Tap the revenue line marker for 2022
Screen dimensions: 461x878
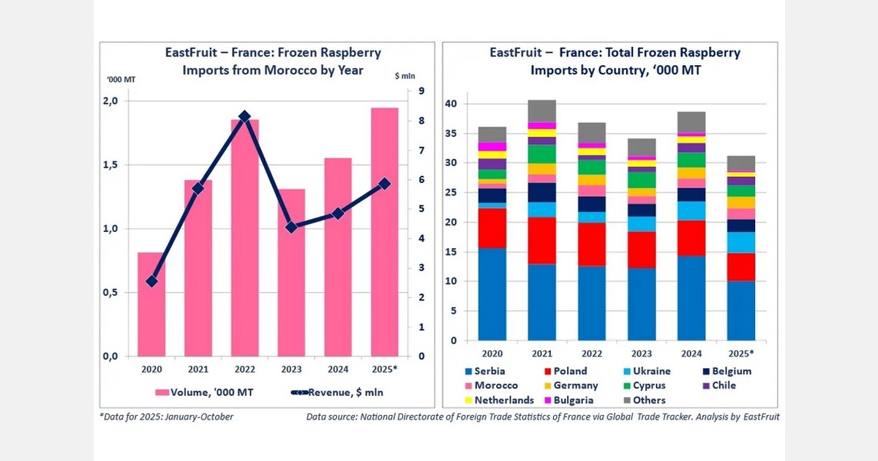click(245, 116)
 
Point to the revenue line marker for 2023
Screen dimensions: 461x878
click(291, 228)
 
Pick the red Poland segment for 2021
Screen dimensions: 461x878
click(542, 240)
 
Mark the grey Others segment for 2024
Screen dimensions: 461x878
click(691, 121)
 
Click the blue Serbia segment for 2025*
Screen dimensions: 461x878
click(740, 311)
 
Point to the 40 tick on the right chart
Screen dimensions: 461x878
click(452, 104)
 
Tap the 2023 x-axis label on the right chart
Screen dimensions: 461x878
click(642, 353)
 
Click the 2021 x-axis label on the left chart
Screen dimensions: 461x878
click(198, 370)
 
